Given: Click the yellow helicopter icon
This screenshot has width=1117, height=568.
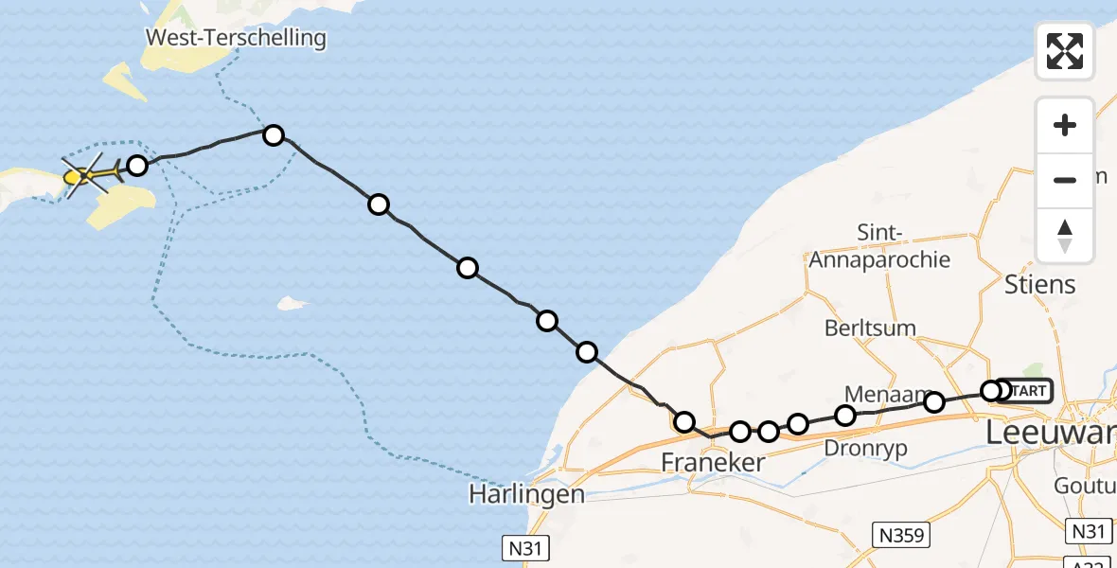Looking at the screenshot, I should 88,174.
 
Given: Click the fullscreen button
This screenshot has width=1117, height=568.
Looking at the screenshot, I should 1065,50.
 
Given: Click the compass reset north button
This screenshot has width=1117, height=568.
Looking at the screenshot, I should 1065,236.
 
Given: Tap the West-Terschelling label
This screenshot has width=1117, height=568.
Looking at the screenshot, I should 236,39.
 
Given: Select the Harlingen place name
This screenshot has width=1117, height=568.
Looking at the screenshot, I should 526,494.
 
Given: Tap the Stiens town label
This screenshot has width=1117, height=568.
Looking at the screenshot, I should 1038,284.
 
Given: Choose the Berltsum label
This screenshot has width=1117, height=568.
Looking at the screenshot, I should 870,328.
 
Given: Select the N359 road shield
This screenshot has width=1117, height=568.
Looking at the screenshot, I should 901,534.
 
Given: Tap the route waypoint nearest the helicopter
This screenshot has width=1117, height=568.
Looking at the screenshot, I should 137,166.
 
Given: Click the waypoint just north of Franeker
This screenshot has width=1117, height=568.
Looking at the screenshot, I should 683,421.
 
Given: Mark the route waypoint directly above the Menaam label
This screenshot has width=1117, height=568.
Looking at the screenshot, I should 845,415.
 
